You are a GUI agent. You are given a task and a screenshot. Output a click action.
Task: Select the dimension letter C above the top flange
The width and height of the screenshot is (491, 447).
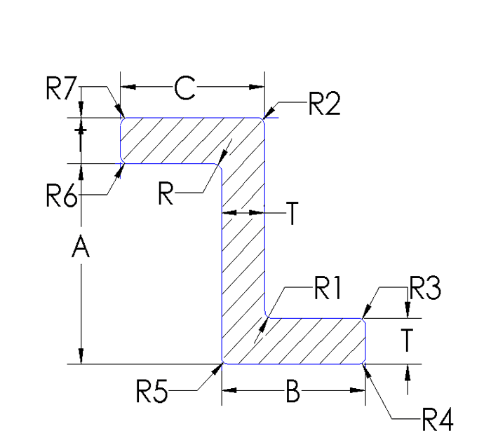point(184,88)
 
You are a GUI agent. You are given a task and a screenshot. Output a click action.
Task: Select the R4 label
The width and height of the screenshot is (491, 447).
point(436,422)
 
